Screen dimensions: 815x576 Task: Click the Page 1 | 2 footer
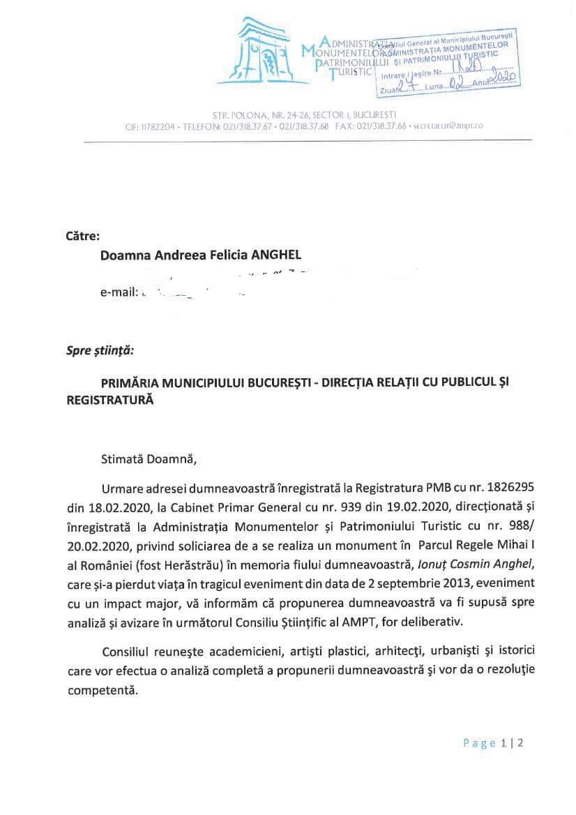pyautogui.click(x=493, y=743)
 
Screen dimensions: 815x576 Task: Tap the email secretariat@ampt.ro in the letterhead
pyautogui.click(x=448, y=126)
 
